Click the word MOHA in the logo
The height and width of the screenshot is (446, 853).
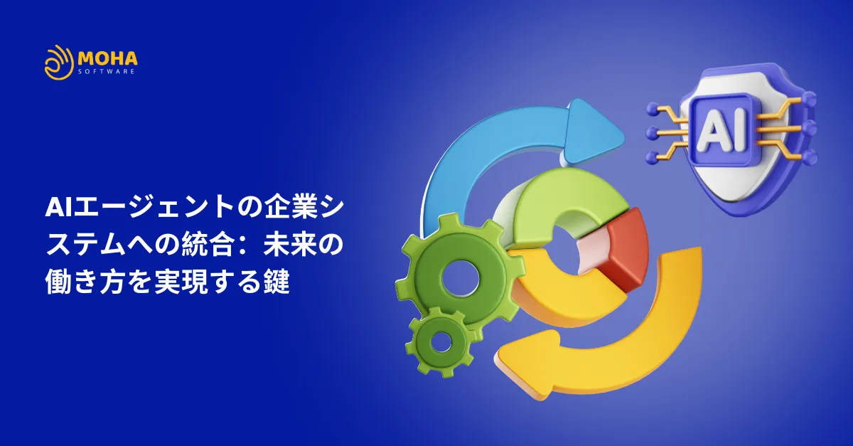coord(108,59)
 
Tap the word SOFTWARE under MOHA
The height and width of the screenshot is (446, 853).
coord(106,71)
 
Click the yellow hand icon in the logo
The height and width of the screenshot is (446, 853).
coord(60,62)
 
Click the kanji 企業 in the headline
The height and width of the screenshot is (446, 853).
coord(290,208)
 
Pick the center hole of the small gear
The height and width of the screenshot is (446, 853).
coord(441,342)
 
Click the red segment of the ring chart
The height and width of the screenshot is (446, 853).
coord(625,248)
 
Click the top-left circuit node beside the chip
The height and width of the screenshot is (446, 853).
coord(653,110)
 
